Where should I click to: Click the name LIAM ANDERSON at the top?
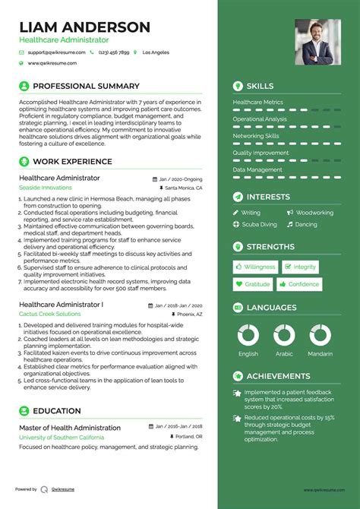coord(84,27)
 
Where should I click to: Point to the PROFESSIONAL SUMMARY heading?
coord(87,87)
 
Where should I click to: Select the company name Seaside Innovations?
coord(46,187)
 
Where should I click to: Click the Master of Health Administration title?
coord(70,428)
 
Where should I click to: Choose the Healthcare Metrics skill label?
coord(258,102)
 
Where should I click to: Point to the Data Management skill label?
coord(257,170)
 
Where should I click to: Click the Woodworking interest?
coord(314,213)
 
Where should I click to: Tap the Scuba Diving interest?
coord(259,225)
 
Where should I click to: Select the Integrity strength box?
coord(301,267)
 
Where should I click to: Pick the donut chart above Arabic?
coord(284,335)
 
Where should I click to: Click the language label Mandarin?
coord(320,354)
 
